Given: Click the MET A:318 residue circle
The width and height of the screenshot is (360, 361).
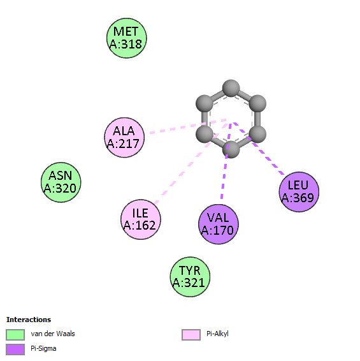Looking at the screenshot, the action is [x=127, y=38].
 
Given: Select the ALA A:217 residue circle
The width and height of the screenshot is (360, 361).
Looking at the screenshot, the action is [x=124, y=137].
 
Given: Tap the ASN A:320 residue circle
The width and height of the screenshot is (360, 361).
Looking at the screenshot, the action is [x=61, y=182].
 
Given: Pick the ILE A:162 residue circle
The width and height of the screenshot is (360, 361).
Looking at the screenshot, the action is [x=141, y=219].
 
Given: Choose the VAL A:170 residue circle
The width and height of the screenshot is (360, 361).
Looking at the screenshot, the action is [x=219, y=225].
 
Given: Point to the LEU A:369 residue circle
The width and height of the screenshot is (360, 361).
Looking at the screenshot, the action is [x=299, y=192].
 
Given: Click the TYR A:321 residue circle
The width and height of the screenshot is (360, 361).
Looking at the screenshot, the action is [x=190, y=277].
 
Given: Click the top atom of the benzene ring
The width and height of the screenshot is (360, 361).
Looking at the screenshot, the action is [x=231, y=88].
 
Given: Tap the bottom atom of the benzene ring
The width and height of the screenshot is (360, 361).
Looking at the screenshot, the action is [x=231, y=150].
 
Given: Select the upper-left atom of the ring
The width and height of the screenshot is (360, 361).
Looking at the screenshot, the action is [x=205, y=103].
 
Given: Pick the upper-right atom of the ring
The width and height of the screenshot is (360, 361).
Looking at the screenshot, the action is [x=257, y=103].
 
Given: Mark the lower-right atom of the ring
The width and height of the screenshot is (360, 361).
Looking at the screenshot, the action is [x=257, y=134].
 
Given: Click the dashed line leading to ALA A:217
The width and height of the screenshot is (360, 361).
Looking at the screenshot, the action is [x=188, y=126].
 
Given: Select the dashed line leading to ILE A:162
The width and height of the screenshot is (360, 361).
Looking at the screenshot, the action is [x=191, y=164].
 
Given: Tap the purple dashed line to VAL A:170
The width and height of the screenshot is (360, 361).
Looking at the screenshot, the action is [x=226, y=161].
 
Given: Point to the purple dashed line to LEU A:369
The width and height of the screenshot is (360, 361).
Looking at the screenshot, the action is [x=259, y=149].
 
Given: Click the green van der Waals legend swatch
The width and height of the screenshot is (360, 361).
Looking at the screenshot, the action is [x=15, y=334].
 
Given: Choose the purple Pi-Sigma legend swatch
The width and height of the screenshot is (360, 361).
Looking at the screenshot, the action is [x=15, y=350].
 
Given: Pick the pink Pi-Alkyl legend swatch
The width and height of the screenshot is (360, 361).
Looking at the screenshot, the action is [x=191, y=334].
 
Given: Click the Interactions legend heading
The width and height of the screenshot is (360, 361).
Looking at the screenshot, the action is [x=29, y=320].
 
